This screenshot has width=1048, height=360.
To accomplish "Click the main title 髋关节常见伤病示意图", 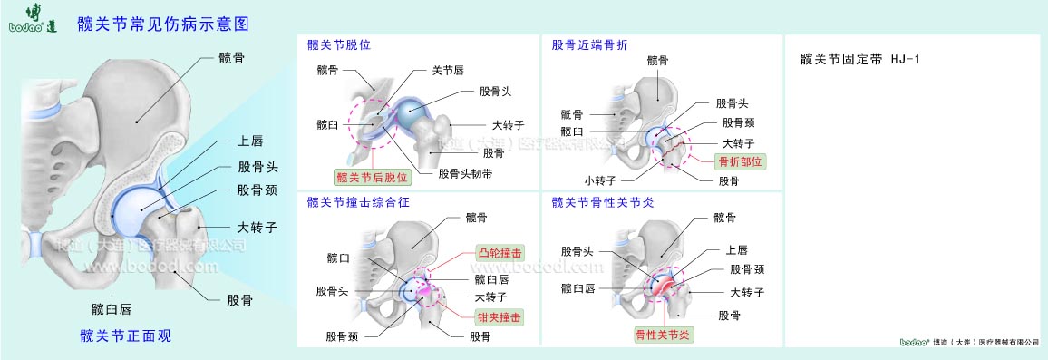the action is pos(164,23).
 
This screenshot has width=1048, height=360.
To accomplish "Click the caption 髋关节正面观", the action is pos(126,336).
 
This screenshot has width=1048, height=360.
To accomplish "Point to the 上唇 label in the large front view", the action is pos(249,141).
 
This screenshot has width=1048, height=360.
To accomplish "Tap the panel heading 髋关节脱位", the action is pos(339,44).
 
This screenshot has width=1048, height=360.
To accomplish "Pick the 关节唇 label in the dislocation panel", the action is pos(449,70).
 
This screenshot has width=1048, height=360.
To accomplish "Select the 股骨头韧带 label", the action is pos(465,173).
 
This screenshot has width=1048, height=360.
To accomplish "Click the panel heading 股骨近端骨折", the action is pos(590,44).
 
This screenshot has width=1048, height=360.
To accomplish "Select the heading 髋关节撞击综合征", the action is pos(358,202).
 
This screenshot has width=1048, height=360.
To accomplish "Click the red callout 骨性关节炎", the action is pos(663,336).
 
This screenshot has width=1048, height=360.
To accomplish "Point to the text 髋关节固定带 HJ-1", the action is pos(860,60).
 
